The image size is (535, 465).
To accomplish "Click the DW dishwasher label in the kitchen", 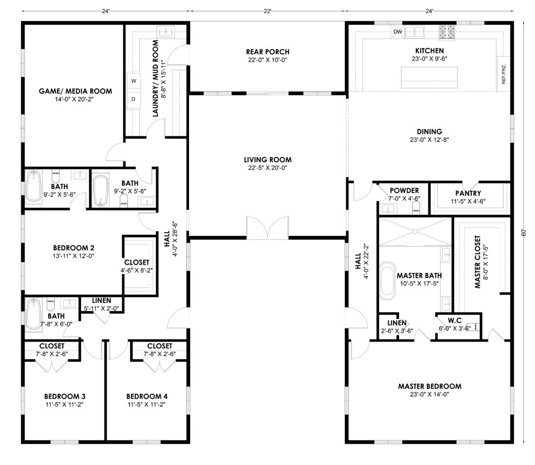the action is click(398, 32).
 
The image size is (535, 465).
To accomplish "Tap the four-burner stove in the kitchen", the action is click(447, 32).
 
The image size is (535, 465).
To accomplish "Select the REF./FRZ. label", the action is click(504, 74).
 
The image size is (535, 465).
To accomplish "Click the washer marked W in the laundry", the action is click(134, 81).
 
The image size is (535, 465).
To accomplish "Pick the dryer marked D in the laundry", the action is click(133, 99).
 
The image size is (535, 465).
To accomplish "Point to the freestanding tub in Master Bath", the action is click(387, 280).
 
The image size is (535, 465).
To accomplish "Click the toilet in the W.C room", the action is click(474, 327).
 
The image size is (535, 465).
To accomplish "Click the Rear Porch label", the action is click(267, 52).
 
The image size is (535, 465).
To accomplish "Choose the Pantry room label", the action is click(468, 194).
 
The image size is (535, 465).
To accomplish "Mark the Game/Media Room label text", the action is click(75, 91).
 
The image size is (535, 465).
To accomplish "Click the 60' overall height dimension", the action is click(524, 232).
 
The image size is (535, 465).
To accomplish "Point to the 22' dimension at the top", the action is click(267, 12).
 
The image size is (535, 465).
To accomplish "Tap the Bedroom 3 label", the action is click(65, 396).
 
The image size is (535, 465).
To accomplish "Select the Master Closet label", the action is click(478, 262).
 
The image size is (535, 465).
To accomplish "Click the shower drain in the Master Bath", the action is click(415, 231).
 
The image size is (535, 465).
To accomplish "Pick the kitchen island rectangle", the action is click(424, 77).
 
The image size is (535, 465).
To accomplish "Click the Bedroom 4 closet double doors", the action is click(159, 366).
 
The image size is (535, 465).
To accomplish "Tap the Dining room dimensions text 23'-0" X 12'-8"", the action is click(429, 140).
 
